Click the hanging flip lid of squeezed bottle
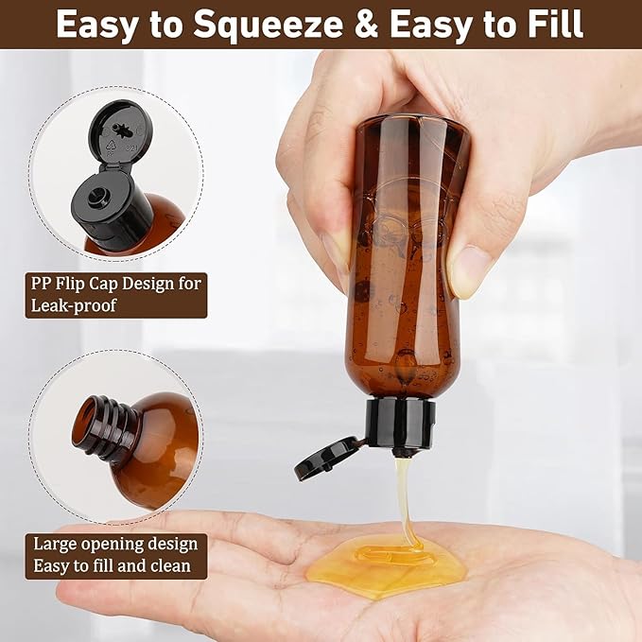pos(327,458)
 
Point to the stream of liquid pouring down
pos(405,501)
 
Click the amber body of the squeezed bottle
pos(407,284)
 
